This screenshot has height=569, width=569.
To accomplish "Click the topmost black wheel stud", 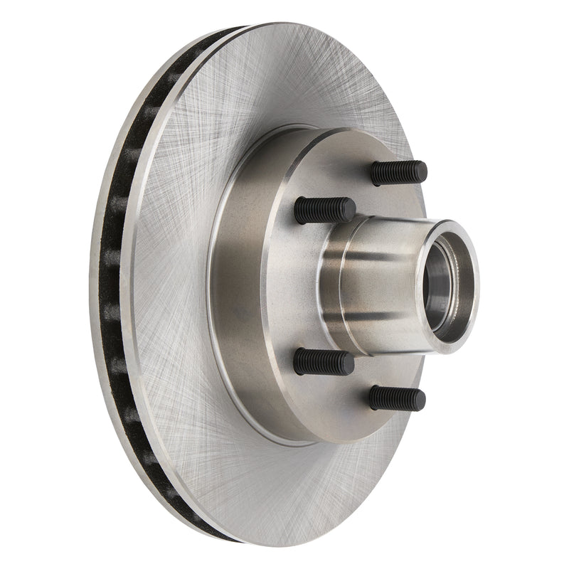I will [x=398, y=173].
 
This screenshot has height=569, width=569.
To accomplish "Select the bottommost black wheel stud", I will [x=397, y=398].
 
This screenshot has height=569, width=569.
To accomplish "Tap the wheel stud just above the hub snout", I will [x=324, y=210].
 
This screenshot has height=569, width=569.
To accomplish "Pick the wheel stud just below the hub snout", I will [x=324, y=362].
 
